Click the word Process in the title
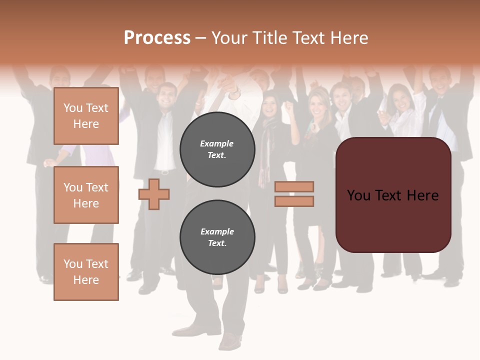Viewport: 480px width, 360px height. [x=157, y=38]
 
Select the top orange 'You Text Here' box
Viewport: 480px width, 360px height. [x=86, y=116]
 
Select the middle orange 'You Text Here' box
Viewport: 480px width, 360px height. [x=86, y=195]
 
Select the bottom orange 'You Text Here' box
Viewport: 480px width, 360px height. [x=86, y=271]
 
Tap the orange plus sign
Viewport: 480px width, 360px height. [x=154, y=194]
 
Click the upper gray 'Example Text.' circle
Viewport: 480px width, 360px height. [x=217, y=149]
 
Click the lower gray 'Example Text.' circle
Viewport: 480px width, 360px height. [x=217, y=237]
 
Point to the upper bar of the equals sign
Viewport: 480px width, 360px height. [x=294, y=186]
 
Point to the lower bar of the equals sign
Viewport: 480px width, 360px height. [x=294, y=201]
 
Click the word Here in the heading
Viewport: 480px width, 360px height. [x=347, y=38]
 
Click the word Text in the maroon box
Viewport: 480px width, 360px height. [x=393, y=195]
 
